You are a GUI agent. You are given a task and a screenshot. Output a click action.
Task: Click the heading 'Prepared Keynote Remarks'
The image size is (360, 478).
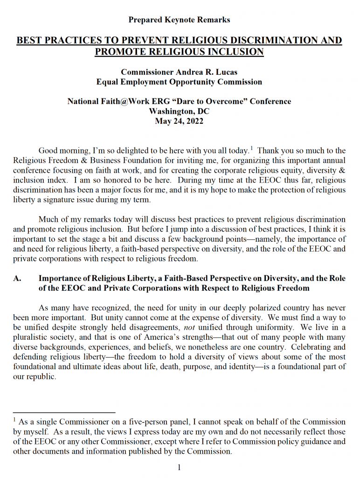[x=180, y=20]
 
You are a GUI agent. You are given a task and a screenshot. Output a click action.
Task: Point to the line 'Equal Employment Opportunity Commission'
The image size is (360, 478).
[x=180, y=82]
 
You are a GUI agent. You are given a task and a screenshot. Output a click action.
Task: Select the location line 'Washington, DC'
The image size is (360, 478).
[x=180, y=111]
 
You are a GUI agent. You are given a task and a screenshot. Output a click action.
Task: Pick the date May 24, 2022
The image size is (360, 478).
[x=180, y=121]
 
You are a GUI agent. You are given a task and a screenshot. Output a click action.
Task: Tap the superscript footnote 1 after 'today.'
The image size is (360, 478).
[x=251, y=148]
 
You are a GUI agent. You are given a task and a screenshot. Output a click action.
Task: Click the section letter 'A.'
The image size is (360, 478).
[x=18, y=278]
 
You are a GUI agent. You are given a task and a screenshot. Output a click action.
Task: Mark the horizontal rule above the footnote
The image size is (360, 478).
[x=64, y=413]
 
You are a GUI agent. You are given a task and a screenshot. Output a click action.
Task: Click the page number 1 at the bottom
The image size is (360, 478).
[x=179, y=467]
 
